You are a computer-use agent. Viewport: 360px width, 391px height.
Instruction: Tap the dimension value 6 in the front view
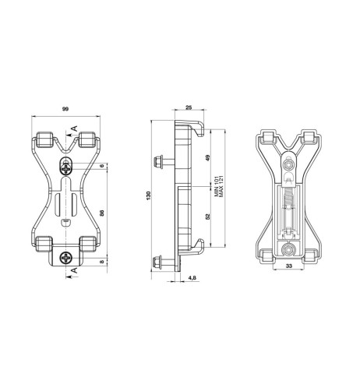[x=102, y=167]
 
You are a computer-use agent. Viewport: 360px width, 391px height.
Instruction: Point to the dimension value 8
[x=102, y=262]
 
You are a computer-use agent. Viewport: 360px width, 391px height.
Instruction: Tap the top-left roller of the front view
[x=44, y=141]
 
